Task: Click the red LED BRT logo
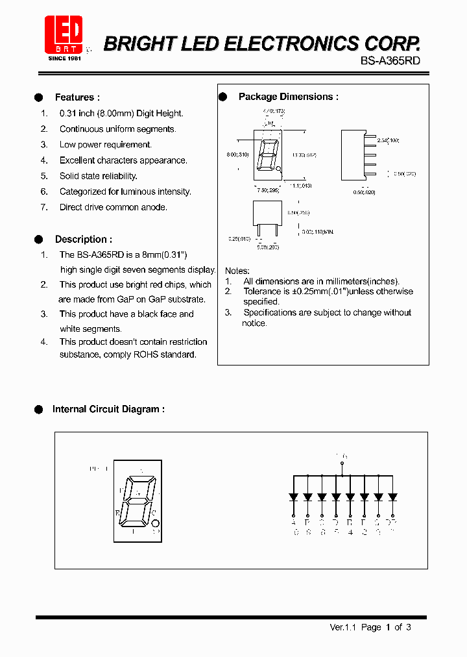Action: click(64, 34)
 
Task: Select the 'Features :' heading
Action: click(77, 97)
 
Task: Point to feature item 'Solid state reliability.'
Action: click(99, 176)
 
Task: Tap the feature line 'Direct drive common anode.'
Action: click(114, 207)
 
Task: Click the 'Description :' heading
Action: click(83, 239)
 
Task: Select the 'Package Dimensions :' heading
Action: click(289, 97)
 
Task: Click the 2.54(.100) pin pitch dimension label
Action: click(388, 140)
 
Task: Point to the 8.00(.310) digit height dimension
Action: click(237, 155)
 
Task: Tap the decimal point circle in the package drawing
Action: click(280, 170)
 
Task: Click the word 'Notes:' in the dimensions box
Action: click(237, 271)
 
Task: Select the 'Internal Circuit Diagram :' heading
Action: click(108, 409)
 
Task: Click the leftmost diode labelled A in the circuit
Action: click(293, 497)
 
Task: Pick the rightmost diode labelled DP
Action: click(392, 497)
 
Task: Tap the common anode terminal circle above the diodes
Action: click(342, 464)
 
